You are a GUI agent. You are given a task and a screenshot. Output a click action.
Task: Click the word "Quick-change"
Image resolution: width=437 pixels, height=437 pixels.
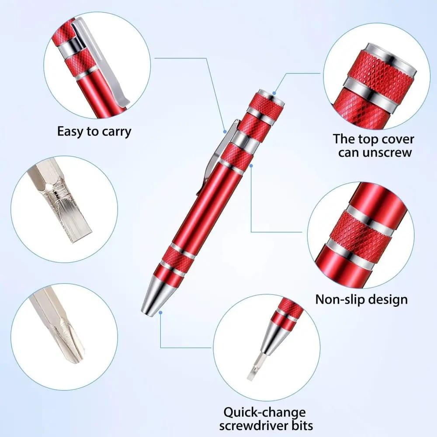[x=265, y=412]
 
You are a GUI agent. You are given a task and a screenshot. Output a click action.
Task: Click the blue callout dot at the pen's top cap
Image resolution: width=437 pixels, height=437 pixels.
[x=274, y=93]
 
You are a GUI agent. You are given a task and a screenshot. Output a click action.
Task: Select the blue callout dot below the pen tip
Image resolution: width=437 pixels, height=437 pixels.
[x=161, y=312]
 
